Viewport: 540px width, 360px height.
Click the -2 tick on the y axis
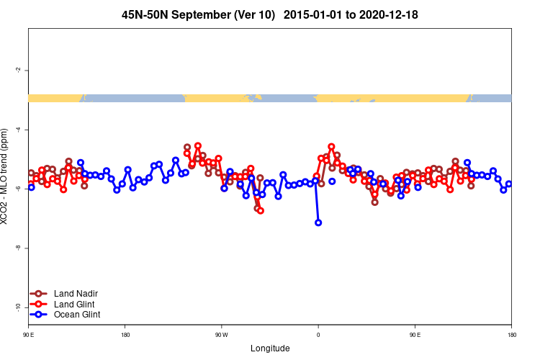click(x=17, y=70)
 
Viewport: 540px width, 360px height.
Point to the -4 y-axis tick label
click(x=17, y=130)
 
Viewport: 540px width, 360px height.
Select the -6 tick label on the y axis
click(x=17, y=189)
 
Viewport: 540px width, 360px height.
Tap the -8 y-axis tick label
click(x=17, y=248)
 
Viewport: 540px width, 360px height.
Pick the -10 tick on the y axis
click(x=17, y=307)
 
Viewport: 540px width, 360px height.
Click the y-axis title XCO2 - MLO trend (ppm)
click(x=6, y=177)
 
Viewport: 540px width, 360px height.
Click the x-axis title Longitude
click(x=270, y=348)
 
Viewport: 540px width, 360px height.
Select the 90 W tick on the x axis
click(x=221, y=335)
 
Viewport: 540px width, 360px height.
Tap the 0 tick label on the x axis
click(x=318, y=335)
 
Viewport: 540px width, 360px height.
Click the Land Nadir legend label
click(x=76, y=294)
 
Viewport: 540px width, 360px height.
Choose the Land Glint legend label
click(x=75, y=304)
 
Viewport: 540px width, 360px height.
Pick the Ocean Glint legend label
click(x=77, y=315)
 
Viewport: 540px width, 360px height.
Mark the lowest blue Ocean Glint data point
click(x=318, y=222)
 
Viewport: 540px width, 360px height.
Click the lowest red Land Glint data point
click(x=260, y=211)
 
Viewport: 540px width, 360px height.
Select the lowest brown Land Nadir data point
click(x=257, y=208)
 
